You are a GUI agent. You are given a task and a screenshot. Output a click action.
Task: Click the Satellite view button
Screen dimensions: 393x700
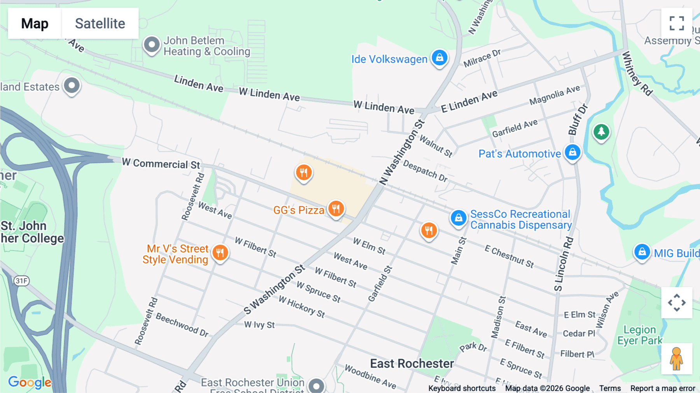click(100, 23)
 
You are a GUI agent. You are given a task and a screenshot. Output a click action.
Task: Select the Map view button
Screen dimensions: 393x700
click(35, 23)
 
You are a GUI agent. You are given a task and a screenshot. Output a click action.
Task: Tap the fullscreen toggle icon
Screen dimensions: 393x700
click(677, 23)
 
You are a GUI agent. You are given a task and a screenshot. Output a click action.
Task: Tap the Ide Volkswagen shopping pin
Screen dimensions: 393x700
click(439, 58)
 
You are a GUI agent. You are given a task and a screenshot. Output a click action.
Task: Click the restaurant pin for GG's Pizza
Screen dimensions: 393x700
click(336, 209)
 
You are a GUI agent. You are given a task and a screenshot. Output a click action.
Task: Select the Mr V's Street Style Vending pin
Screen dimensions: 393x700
click(220, 253)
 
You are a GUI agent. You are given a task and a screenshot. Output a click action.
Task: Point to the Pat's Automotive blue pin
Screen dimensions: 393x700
click(572, 153)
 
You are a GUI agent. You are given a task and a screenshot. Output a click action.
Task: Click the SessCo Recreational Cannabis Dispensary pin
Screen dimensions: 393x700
click(458, 218)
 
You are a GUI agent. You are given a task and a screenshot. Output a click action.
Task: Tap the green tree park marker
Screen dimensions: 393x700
click(601, 132)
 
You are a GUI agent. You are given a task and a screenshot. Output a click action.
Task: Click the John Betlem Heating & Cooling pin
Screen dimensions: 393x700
click(152, 45)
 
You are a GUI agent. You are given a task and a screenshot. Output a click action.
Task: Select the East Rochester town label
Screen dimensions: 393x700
click(412, 363)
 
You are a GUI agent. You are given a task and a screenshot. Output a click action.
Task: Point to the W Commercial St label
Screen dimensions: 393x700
click(161, 163)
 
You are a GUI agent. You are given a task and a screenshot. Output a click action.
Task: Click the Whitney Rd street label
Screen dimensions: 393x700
click(637, 74)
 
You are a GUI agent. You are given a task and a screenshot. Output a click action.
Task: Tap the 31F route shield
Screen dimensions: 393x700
click(21, 281)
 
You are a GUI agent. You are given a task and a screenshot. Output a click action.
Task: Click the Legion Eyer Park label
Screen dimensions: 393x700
click(640, 335)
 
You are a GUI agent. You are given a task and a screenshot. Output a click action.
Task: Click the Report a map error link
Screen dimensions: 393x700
click(663, 388)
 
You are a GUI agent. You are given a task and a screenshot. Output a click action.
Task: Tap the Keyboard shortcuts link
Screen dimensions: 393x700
click(462, 388)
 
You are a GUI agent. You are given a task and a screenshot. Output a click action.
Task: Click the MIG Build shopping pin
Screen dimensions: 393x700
click(642, 252)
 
